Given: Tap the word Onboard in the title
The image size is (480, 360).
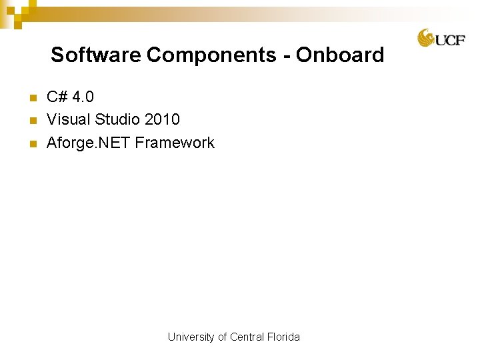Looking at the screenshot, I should [x=340, y=55].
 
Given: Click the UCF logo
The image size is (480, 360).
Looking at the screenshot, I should [x=441, y=38].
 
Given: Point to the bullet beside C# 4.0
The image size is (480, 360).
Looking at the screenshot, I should [x=31, y=99].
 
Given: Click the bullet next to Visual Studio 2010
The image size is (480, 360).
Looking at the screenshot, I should [x=31, y=121].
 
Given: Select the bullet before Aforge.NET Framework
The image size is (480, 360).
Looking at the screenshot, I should [x=31, y=144].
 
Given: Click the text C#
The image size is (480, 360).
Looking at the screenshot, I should [x=57, y=97].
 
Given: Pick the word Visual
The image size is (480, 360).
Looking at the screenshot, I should [x=68, y=120].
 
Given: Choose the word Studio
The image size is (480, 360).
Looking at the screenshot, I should [x=117, y=120].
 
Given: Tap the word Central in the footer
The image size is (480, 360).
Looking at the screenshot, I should [x=247, y=337].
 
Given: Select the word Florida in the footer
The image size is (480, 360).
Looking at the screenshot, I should [x=284, y=337].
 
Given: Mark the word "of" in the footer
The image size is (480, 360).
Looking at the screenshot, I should [x=223, y=337].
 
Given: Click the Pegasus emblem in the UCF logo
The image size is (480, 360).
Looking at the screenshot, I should [x=426, y=38].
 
